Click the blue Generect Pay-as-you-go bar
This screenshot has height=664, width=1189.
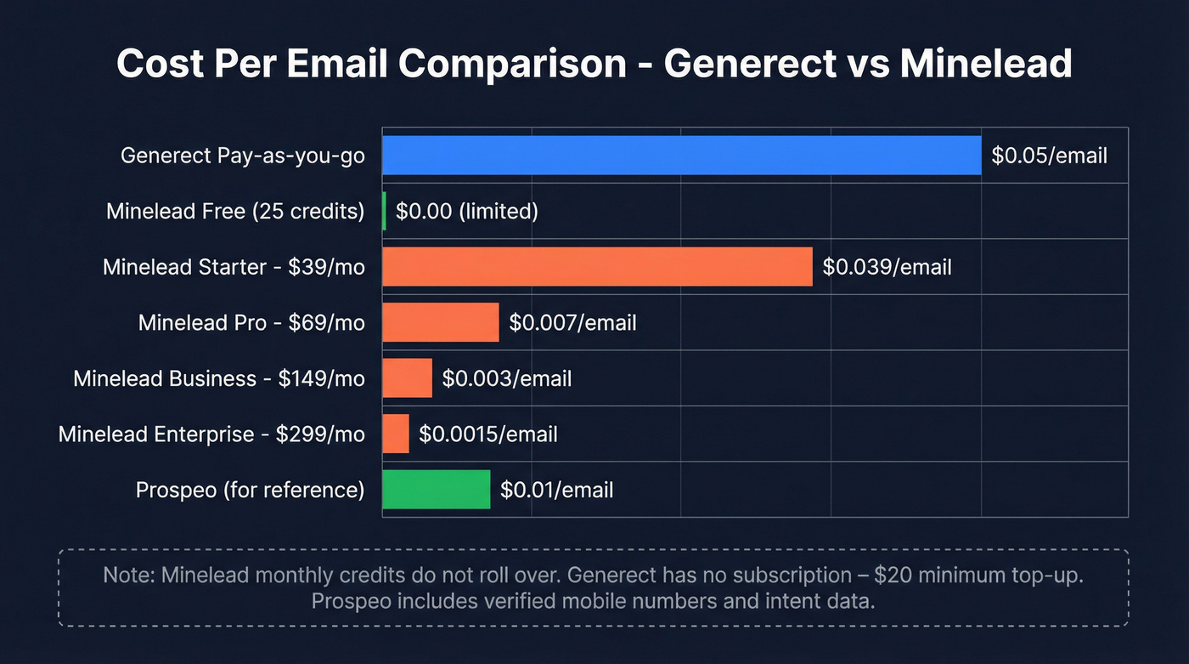[681, 156]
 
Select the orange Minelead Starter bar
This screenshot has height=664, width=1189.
[597, 267]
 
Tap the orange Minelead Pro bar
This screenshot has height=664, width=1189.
[440, 322]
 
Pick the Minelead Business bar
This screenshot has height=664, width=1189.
[407, 378]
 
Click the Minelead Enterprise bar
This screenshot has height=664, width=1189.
[396, 434]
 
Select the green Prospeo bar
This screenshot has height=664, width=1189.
[436, 490]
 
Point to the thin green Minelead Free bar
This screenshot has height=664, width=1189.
[384, 211]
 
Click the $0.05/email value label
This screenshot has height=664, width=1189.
[1049, 156]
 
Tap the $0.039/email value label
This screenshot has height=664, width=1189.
[887, 267]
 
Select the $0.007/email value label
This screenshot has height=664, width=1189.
[572, 322]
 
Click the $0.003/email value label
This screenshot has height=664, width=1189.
[506, 378]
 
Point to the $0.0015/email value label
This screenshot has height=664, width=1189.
[487, 434]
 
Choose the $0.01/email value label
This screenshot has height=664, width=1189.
[556, 490]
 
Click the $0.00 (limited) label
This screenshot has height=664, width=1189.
[466, 211]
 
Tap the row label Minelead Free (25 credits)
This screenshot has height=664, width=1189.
[235, 211]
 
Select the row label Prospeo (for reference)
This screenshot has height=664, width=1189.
[250, 490]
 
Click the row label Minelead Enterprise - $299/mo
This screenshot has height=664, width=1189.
[211, 434]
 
